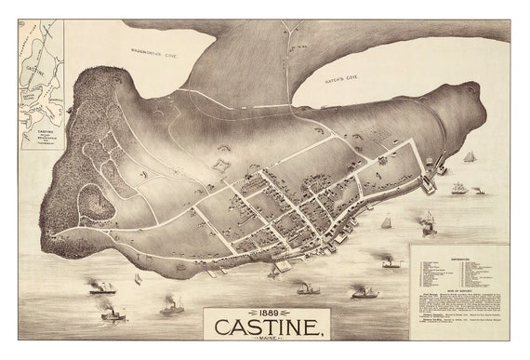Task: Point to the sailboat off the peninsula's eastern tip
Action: pos(470,157)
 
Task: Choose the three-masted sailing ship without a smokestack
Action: pos(458,188)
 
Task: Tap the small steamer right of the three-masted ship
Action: pos(478,191)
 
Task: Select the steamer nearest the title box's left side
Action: pos(171,306)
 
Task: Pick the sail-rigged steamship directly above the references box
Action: pos(428,223)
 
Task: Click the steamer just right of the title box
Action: pos(364,293)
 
